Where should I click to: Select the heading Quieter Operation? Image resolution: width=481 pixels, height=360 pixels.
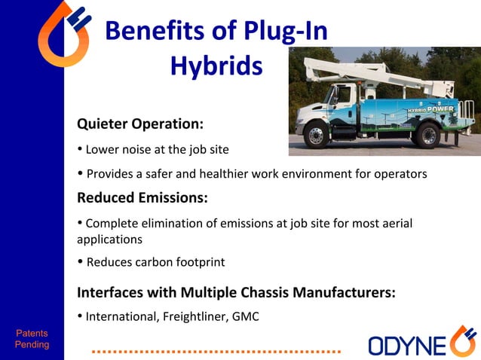pyautogui.click(x=140, y=124)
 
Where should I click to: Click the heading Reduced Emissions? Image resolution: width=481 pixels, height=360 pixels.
pyautogui.click(x=142, y=198)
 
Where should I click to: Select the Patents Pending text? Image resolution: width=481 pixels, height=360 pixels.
pyautogui.click(x=32, y=339)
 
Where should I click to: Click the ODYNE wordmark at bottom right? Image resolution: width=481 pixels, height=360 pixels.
pyautogui.click(x=407, y=344)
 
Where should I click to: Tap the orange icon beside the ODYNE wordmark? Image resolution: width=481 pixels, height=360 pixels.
pyautogui.click(x=462, y=342)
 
